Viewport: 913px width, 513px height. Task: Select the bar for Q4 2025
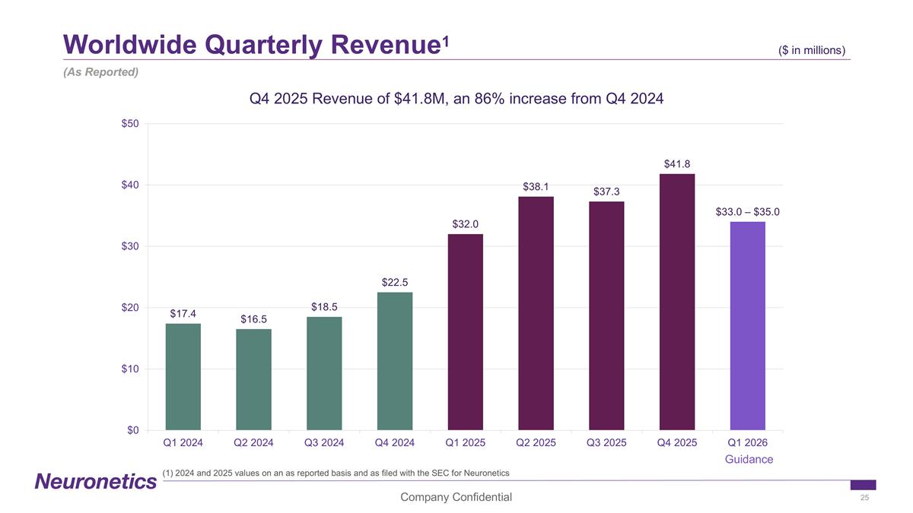(x=676, y=302)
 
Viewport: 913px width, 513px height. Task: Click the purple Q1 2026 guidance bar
(x=747, y=325)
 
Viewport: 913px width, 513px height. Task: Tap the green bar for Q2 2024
(x=253, y=379)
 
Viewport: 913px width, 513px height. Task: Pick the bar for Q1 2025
(x=465, y=331)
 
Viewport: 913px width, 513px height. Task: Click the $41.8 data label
(x=676, y=163)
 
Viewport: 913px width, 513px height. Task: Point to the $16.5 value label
(x=253, y=318)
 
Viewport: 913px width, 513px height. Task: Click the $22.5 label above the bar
(x=395, y=283)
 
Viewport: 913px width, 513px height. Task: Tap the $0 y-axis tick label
(x=132, y=431)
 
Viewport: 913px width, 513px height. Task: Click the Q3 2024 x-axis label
(x=324, y=442)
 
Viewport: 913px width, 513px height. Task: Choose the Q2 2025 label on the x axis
(x=536, y=442)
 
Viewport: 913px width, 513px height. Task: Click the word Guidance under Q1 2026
(x=749, y=459)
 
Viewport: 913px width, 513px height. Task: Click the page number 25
(x=864, y=497)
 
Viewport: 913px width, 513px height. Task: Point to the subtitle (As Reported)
(x=100, y=72)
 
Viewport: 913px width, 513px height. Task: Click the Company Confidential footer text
(x=456, y=497)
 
